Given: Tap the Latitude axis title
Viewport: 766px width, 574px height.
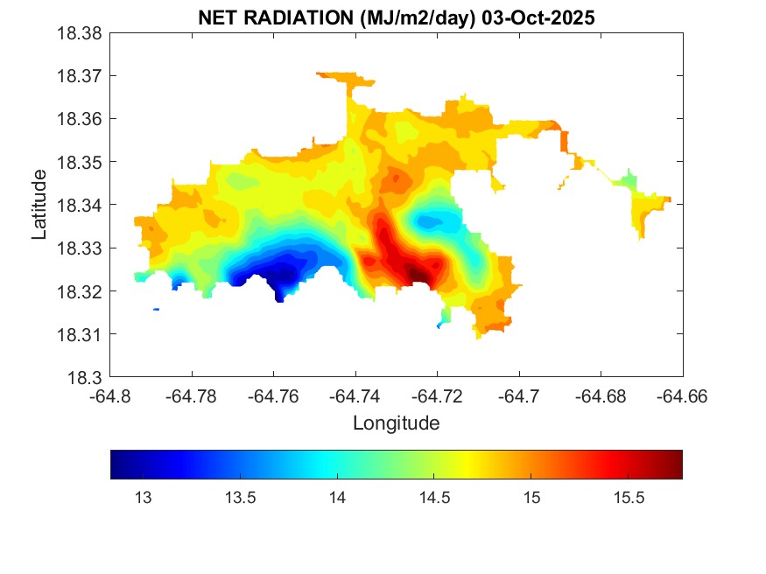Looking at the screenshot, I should click(39, 205).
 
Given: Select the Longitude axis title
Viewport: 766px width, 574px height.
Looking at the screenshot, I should click(396, 423).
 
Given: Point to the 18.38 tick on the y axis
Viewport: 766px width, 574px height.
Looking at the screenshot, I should click(81, 33).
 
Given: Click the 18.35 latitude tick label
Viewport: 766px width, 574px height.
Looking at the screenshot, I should click(81, 162).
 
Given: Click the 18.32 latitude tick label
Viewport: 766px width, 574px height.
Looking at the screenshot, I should click(81, 290).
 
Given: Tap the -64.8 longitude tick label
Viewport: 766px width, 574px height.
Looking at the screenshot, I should click(111, 395).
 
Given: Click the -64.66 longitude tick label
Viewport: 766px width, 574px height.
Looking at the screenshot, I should click(682, 395).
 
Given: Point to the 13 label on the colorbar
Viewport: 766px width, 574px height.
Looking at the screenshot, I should click(143, 498).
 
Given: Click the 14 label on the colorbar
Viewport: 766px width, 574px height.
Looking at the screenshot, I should click(337, 498).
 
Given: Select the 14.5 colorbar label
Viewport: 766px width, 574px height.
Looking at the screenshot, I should click(434, 498).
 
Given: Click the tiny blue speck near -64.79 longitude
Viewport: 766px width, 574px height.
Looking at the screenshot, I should click(156, 309).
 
